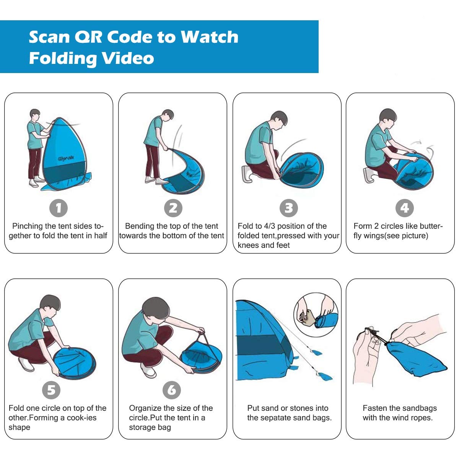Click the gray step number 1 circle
59,208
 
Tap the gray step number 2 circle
173,208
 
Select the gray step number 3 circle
289,208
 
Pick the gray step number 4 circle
404,208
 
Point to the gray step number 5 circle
51,390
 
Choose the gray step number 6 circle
171,390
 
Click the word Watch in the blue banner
209,37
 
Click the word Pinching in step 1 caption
28,226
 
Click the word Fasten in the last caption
375,408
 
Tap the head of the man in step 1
35,114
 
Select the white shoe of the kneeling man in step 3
247,174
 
